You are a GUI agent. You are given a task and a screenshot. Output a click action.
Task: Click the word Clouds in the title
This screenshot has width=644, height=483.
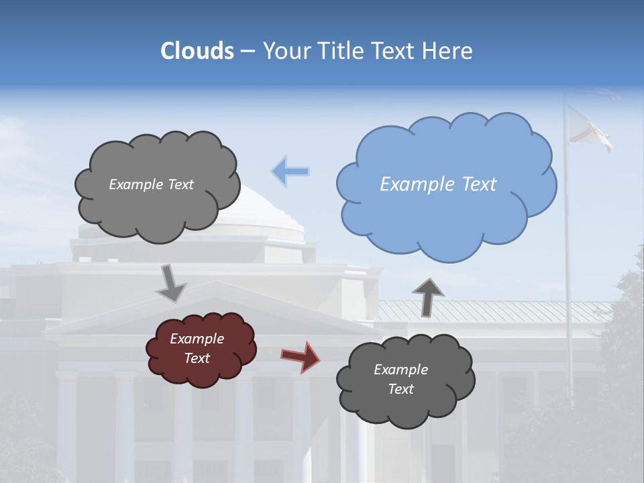[x=197, y=51]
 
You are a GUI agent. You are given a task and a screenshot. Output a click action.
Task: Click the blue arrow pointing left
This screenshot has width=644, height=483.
[x=290, y=172]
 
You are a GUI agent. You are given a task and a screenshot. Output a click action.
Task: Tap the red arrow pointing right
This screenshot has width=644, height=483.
[x=301, y=356]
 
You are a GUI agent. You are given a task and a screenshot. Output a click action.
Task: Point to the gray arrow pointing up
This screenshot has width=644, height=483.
[x=427, y=296]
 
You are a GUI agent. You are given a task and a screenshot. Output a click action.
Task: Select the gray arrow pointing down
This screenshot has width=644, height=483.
[x=171, y=282]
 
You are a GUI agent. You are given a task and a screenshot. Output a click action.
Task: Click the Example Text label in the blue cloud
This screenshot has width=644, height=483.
[x=438, y=184]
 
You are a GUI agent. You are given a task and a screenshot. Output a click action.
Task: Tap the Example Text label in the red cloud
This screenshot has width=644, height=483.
[x=197, y=349]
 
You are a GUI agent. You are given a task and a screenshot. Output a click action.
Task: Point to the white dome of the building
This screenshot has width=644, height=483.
[x=268, y=208]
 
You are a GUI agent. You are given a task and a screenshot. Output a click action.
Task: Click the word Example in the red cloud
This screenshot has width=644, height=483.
[x=197, y=339]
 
